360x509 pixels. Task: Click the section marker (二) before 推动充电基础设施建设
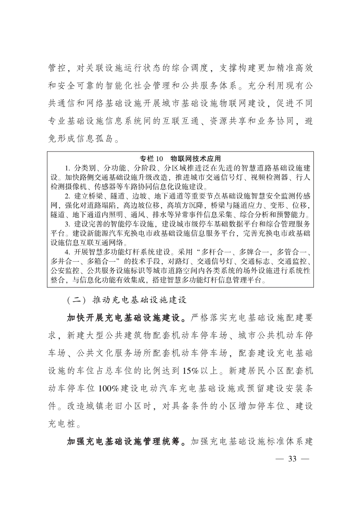(x=76, y=300)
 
